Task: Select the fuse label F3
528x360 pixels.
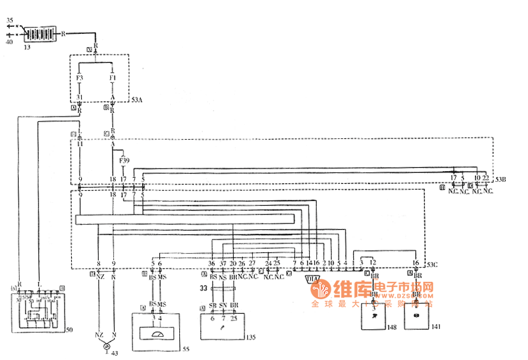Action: coord(79,78)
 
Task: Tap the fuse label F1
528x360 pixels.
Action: coord(113,78)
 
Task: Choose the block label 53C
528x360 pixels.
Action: coord(433,265)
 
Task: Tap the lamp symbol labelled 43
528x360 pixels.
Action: coord(106,345)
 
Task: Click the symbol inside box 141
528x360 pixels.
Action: coord(416,316)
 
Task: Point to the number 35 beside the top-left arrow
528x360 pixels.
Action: coord(10,20)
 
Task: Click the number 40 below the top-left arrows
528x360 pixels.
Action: coord(9,42)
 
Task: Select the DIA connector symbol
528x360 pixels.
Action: coord(314,279)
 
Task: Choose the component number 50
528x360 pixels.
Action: coord(69,331)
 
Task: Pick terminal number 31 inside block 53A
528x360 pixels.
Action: coord(79,97)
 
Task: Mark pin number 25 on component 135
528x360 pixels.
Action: coord(235,318)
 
